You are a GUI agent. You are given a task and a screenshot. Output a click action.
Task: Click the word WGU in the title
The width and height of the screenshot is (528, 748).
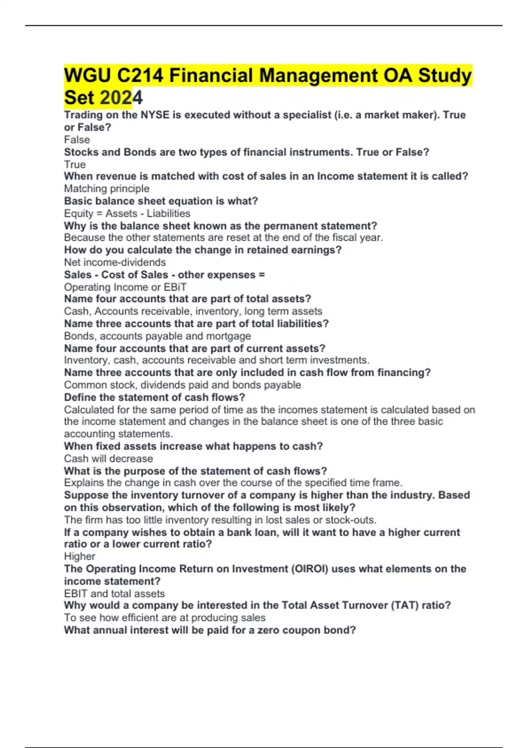(87, 76)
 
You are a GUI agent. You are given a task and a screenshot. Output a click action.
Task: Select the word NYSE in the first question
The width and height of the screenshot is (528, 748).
(154, 115)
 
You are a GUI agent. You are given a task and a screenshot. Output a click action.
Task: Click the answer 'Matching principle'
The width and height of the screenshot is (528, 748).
(106, 189)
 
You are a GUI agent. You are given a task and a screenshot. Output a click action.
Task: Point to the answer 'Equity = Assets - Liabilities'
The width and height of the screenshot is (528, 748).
(127, 213)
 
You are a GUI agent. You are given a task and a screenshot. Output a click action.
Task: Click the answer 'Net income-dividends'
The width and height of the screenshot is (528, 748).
(115, 262)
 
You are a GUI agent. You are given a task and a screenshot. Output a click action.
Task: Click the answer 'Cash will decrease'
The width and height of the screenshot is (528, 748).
(108, 458)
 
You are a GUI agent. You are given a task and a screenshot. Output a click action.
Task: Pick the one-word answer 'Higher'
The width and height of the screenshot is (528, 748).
(80, 556)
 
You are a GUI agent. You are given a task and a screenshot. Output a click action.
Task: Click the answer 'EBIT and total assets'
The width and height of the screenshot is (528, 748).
(114, 594)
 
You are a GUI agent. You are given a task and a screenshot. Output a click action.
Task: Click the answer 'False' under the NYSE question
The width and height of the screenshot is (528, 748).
(77, 140)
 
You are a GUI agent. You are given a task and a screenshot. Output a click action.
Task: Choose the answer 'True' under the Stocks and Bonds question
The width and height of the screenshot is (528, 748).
(75, 165)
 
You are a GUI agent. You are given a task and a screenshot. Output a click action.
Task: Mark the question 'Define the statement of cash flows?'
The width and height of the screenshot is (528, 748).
(154, 397)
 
